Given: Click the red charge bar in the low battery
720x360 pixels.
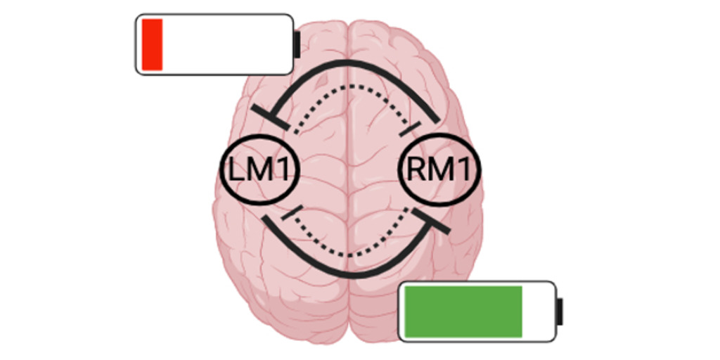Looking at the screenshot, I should point(152,44).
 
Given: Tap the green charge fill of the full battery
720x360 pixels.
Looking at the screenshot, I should point(461,311).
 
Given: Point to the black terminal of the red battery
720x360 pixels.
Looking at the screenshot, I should point(297,44).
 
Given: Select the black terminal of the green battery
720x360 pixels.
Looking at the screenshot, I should point(560,311).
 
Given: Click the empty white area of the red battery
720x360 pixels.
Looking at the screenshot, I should point(225,44).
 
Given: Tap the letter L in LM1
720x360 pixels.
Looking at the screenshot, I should point(233,169).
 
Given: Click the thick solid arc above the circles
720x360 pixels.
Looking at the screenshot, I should point(352,64).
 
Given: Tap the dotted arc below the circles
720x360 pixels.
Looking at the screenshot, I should point(352,252).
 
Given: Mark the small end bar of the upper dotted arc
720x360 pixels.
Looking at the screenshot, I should point(410,129).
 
